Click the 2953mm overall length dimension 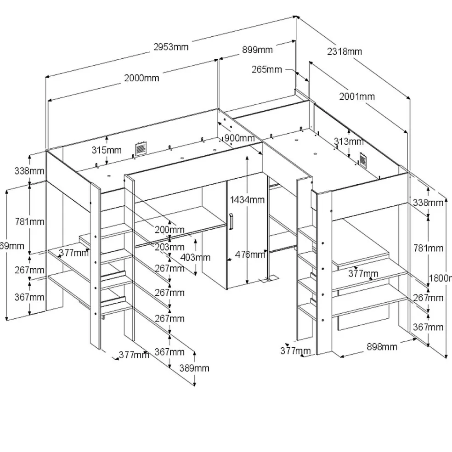point(171,47)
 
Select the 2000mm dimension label point(141,78)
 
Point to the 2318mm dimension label point(345,51)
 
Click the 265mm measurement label point(266,70)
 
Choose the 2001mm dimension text point(357,96)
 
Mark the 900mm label point(239,138)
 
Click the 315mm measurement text point(106,150)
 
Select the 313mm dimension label point(349,141)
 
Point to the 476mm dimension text point(250,254)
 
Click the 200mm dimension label point(169,229)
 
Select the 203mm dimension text point(169,247)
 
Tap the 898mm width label point(382,347)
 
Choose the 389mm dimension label point(194,368)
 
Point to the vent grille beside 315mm point(140,149)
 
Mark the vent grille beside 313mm point(364,160)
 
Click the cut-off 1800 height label point(440,277)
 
